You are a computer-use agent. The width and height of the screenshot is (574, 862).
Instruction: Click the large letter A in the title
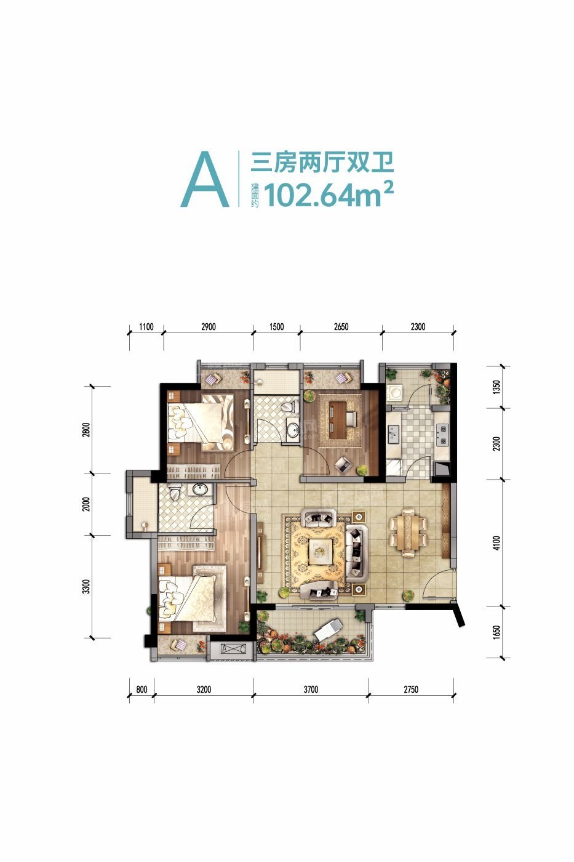(205, 179)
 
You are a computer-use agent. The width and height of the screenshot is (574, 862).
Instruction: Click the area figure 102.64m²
(329, 195)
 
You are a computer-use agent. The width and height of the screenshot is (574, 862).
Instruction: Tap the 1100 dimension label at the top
(146, 327)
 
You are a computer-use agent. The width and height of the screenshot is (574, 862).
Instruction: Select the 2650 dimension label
(341, 327)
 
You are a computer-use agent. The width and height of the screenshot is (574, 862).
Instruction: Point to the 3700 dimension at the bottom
(311, 689)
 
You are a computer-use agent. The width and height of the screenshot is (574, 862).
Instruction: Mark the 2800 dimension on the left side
(87, 430)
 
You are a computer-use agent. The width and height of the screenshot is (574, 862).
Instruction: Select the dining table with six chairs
(409, 533)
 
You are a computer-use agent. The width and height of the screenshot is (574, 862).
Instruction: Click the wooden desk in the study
(338, 416)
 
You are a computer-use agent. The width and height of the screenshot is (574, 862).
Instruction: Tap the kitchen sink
(393, 434)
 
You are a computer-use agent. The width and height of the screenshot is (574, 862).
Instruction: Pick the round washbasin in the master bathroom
(199, 489)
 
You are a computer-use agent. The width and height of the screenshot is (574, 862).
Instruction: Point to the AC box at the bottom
(233, 648)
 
